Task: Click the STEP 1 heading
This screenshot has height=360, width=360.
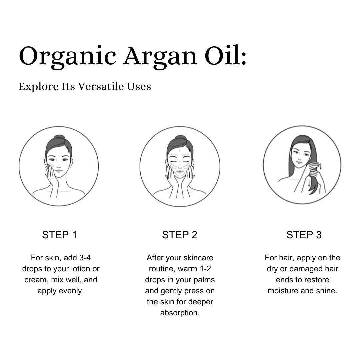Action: click(59, 235)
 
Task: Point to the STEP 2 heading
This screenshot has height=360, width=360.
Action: click(180, 235)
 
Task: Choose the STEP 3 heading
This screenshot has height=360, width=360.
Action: click(304, 235)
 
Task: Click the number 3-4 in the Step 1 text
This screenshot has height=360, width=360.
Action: click(85, 258)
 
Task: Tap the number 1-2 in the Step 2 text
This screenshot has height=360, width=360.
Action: click(205, 269)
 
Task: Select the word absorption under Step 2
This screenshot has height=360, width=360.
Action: click(180, 313)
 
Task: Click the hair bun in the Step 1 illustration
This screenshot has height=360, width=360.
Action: click(59, 138)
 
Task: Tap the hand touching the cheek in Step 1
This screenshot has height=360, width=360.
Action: click(51, 174)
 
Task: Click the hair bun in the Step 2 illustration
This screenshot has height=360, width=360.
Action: click(180, 138)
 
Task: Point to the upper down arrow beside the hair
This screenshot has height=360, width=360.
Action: click(321, 166)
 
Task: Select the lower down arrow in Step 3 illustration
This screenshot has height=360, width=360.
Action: click(309, 183)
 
